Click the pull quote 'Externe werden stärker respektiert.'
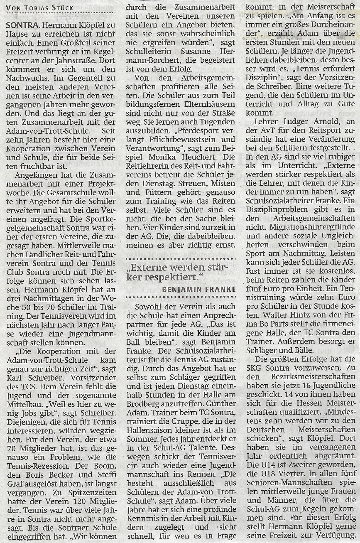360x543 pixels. pyautogui.click(x=180, y=272)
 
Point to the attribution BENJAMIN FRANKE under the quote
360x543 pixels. pyautogui.click(x=199, y=289)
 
